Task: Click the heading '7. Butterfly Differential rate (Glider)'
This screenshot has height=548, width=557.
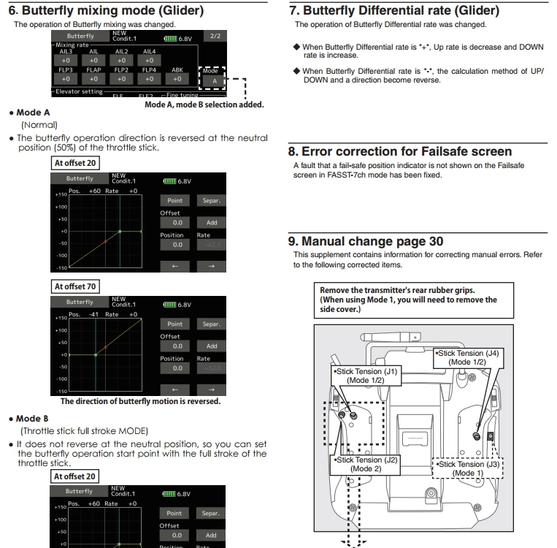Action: (395, 11)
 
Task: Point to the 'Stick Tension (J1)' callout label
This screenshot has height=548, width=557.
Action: (365, 376)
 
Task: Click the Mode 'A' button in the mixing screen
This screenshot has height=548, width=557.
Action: (215, 81)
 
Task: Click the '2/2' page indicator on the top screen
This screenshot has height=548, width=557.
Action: (215, 36)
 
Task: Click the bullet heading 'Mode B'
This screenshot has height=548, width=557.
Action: (33, 419)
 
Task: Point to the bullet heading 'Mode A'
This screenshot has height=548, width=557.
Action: (33, 113)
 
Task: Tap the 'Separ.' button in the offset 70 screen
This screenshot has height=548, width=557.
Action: (211, 324)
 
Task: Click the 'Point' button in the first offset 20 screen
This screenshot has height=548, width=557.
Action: (175, 200)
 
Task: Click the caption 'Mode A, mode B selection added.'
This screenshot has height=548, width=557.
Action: (204, 104)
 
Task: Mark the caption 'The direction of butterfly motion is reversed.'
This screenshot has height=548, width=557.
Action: (140, 401)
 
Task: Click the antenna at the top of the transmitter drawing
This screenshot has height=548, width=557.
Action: (390, 337)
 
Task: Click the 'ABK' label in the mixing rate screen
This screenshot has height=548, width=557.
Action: (177, 70)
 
